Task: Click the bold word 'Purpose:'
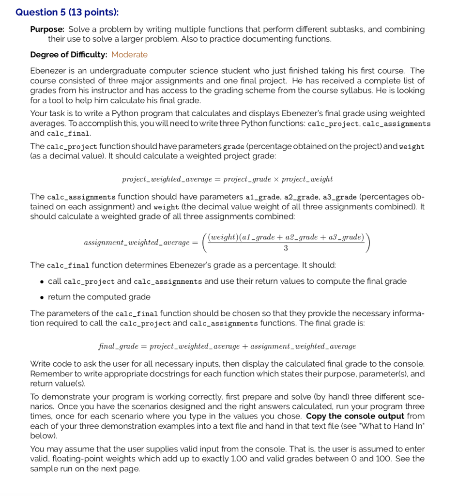pyautogui.click(x=47, y=30)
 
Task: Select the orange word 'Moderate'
pyautogui.click(x=129, y=55)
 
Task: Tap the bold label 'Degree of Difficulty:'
pyautogui.click(x=69, y=55)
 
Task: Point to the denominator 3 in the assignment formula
pyautogui.click(x=286, y=248)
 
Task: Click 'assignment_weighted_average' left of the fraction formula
pyautogui.click(x=136, y=242)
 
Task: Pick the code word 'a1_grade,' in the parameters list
pyautogui.click(x=261, y=197)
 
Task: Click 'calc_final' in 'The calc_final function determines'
pyautogui.click(x=68, y=265)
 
